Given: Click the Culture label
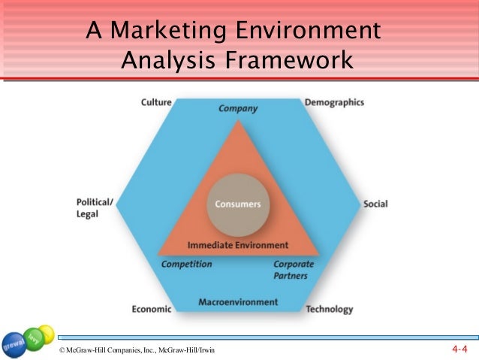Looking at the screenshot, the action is (x=157, y=102).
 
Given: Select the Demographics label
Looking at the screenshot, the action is (x=334, y=102).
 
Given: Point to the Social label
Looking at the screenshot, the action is (x=375, y=204).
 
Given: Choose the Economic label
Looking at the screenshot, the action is (x=152, y=309).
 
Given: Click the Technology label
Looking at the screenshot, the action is (x=330, y=309).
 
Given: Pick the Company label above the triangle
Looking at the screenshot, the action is (x=238, y=108).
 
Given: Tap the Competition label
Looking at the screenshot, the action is (x=187, y=265).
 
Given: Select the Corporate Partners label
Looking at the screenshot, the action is (x=293, y=269).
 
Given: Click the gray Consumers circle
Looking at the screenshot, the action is (x=238, y=204).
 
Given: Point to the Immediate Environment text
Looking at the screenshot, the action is (x=238, y=245).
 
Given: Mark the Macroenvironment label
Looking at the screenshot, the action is (x=238, y=302).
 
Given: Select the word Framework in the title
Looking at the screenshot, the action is (x=297, y=59).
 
